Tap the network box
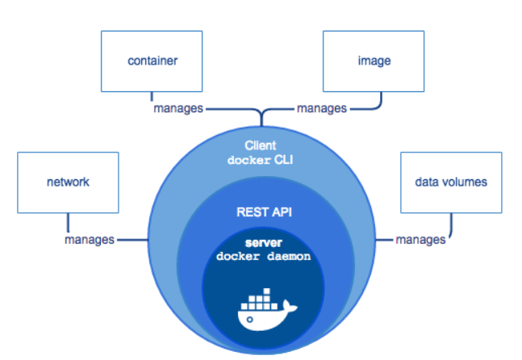click(x=67, y=182)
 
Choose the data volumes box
click(x=451, y=182)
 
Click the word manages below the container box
click(x=178, y=108)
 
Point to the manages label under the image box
click(x=322, y=108)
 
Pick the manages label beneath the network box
click(x=90, y=240)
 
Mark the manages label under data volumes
click(x=420, y=240)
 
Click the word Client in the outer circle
click(x=261, y=146)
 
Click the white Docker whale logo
click(x=262, y=312)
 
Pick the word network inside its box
click(x=67, y=182)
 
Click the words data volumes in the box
click(x=451, y=182)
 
